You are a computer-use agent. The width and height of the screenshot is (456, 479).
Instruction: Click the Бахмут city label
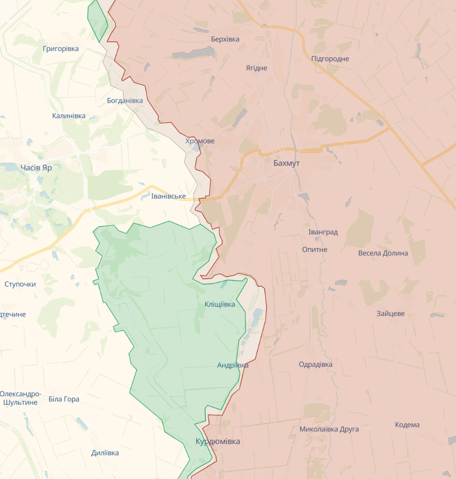[x=286, y=163]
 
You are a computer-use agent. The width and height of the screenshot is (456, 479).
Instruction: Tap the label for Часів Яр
[x=37, y=168]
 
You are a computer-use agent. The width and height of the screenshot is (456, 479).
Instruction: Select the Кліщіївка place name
[x=220, y=304]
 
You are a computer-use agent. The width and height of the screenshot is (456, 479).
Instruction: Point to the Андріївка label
[x=233, y=365]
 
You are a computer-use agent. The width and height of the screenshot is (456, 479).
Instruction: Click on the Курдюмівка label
[x=218, y=441]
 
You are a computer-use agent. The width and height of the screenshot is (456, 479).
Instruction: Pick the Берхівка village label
[x=225, y=39]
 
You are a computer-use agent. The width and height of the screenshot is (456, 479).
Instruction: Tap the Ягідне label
[x=256, y=68]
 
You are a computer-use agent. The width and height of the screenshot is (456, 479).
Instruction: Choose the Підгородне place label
[x=330, y=59]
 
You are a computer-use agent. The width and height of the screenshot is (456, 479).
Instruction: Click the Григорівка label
[x=61, y=49]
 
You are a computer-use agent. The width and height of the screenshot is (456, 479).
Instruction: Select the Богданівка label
[x=125, y=100]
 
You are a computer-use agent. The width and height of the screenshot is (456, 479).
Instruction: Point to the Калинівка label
[x=69, y=116]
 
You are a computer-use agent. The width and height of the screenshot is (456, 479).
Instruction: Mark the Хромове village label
[x=200, y=141]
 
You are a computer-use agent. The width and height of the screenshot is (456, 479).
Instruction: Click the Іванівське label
[x=169, y=196]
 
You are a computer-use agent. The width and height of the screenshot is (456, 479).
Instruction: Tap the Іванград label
[x=323, y=232]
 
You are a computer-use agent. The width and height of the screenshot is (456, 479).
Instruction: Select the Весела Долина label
[x=383, y=253]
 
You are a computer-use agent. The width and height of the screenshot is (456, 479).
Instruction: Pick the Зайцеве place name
[x=390, y=313]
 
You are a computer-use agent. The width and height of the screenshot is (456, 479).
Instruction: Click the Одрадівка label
[x=315, y=364]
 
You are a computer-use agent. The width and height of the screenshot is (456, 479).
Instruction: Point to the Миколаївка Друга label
[x=329, y=429]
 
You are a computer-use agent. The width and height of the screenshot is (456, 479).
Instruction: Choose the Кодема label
[x=407, y=425]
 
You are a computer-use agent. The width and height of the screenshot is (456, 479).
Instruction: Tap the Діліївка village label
[x=105, y=453]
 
